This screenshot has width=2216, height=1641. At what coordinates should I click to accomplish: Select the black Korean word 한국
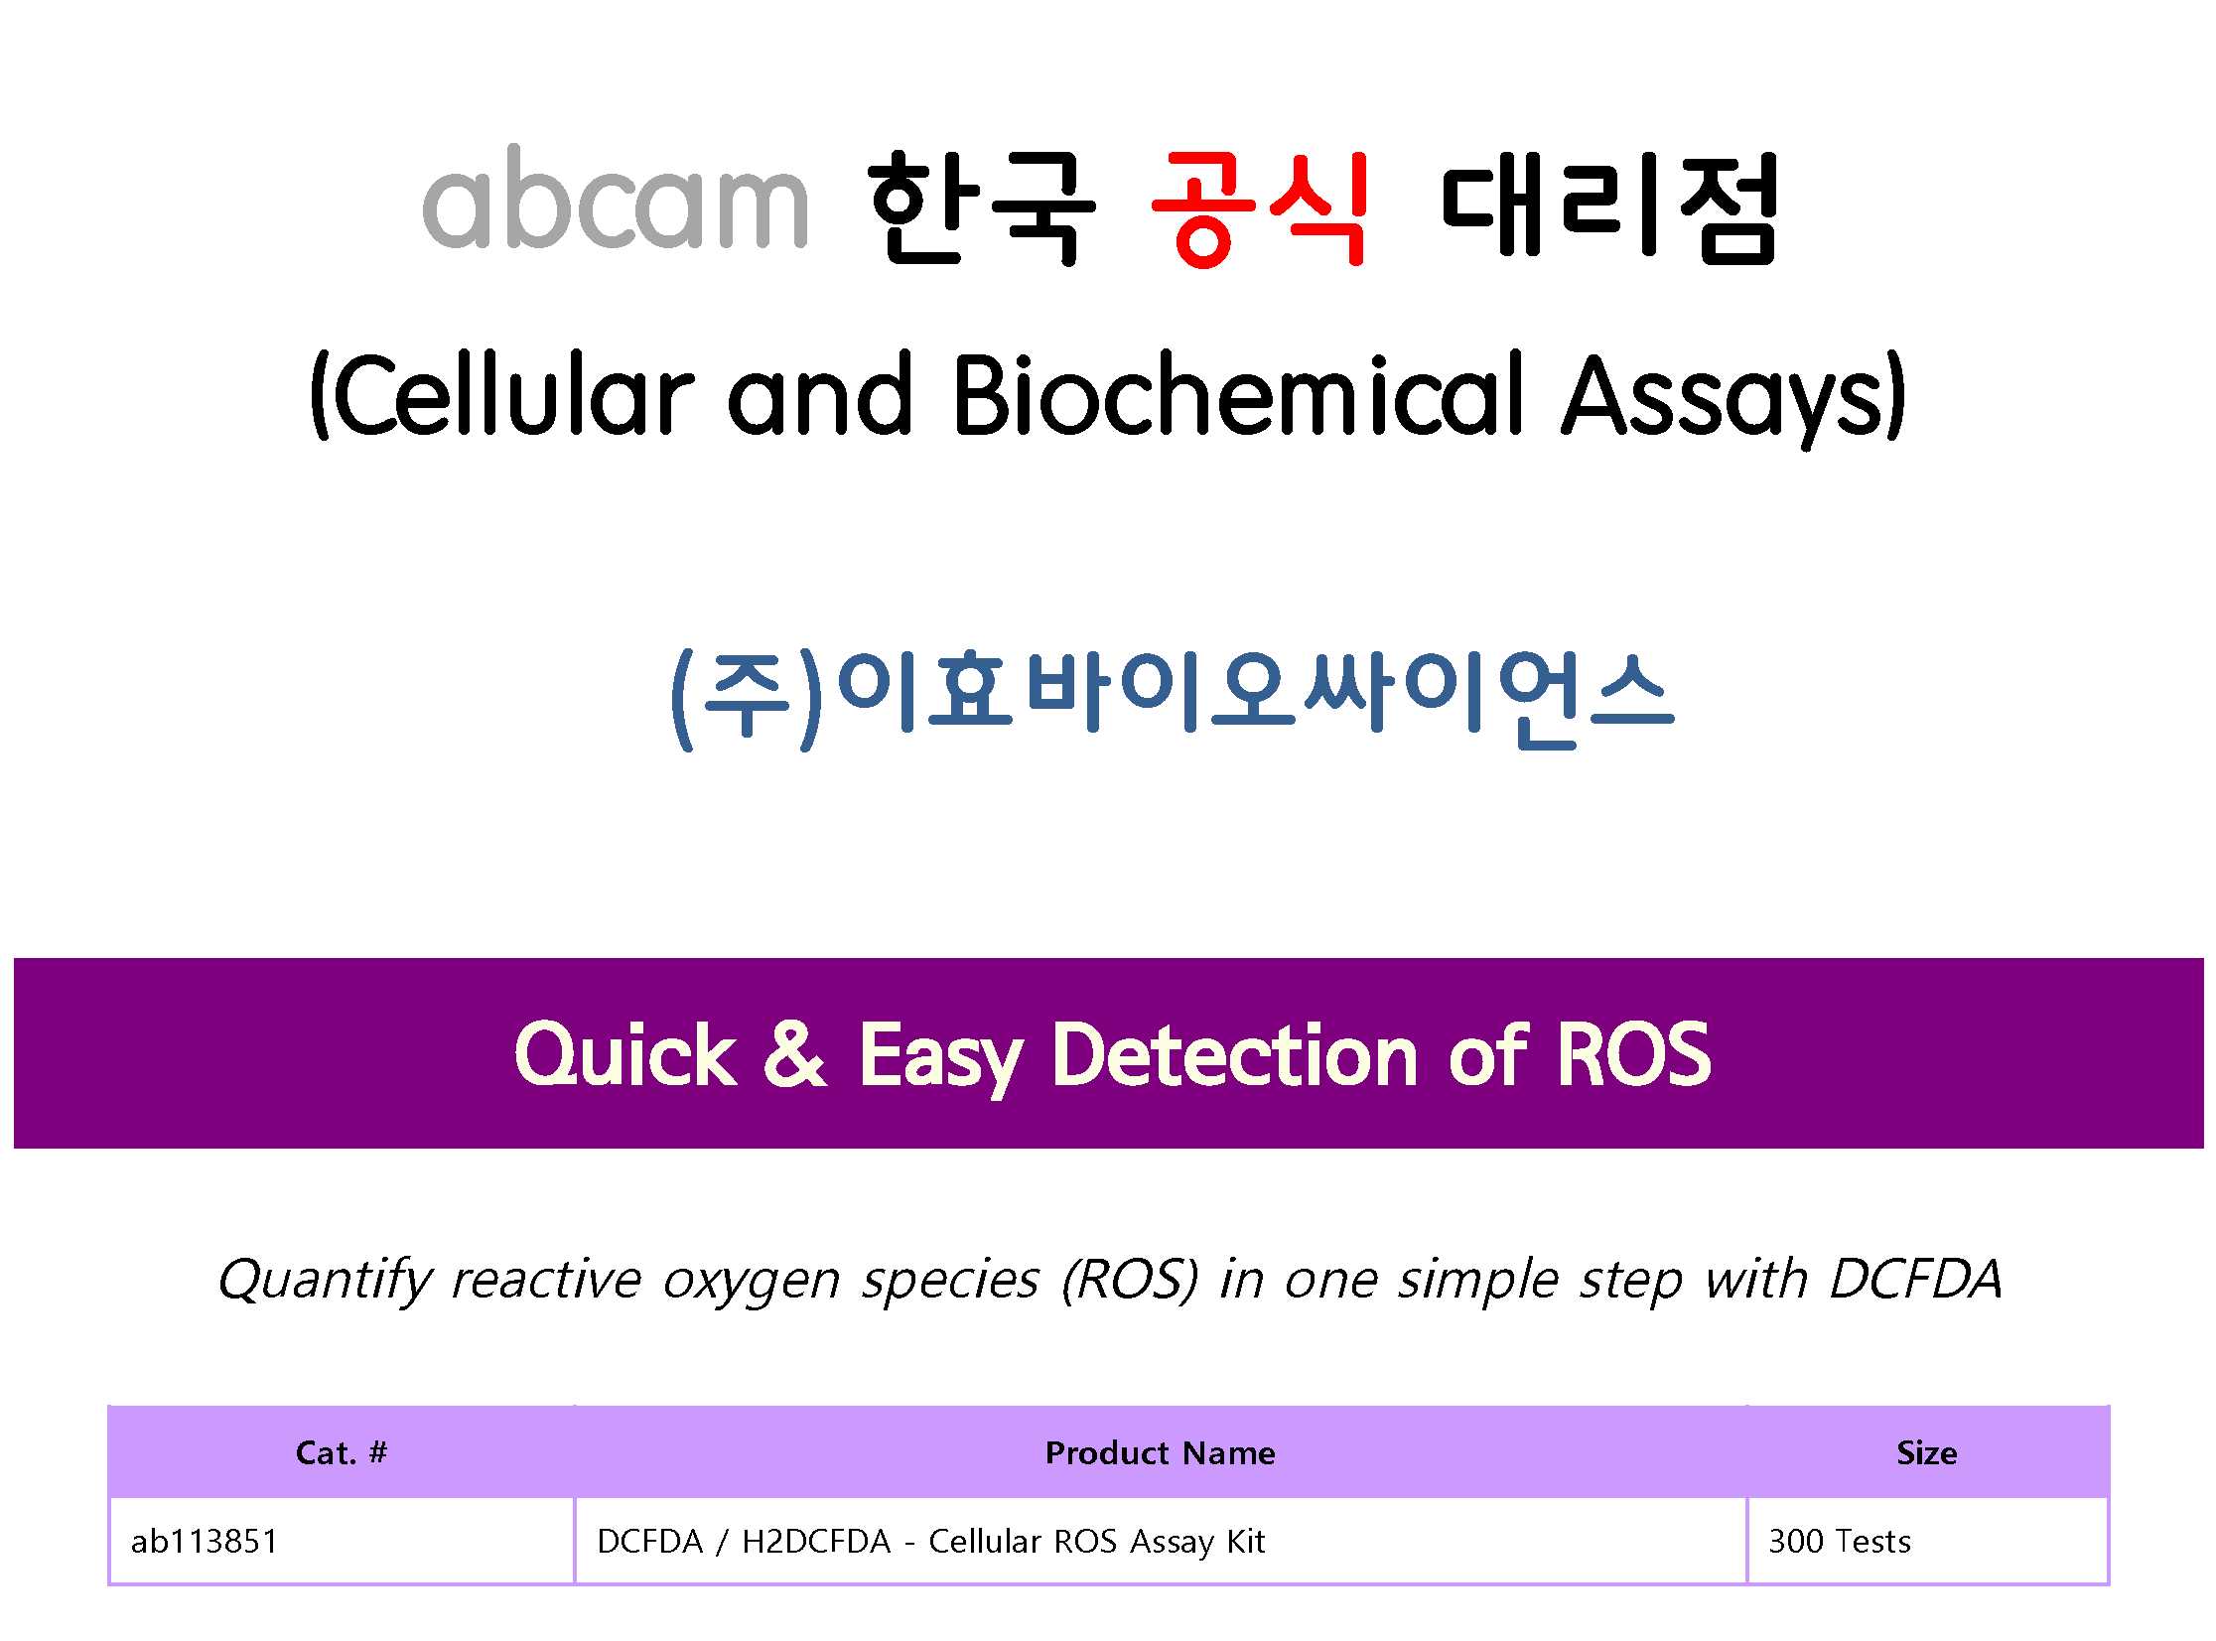[981, 208]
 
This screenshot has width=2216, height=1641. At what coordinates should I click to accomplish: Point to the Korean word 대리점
[1609, 208]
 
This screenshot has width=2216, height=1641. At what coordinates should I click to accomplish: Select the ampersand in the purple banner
[794, 1054]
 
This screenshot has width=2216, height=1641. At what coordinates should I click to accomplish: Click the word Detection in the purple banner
[1235, 1054]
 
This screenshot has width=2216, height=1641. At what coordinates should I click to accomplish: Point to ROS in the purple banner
[1633, 1054]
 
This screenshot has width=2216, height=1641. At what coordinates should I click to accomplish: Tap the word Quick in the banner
[625, 1056]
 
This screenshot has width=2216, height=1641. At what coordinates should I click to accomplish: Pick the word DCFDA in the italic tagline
[1915, 1279]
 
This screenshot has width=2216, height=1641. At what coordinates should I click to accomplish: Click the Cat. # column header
[341, 1453]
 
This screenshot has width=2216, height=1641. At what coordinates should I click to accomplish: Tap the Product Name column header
[1161, 1453]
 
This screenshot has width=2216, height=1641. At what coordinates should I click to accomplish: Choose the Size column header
[1927, 1453]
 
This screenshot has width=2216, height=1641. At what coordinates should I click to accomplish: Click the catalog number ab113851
[205, 1541]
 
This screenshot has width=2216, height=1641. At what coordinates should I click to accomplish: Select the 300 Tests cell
[1840, 1541]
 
